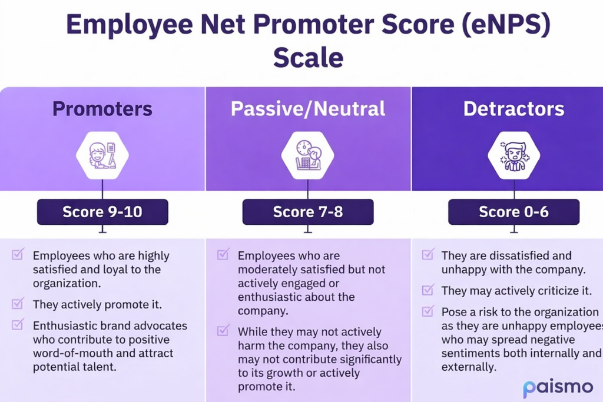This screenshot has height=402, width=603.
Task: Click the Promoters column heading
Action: click(102, 109)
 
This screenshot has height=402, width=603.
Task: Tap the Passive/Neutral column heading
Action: click(308, 109)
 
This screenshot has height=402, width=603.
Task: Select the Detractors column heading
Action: click(513, 109)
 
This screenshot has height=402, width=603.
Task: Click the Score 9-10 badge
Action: click(102, 212)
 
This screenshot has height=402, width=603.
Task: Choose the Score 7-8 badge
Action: click(308, 212)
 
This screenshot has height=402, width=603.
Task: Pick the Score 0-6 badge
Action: click(513, 212)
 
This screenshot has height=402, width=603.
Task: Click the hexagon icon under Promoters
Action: click(102, 155)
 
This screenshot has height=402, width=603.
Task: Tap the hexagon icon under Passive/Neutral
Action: click(307, 155)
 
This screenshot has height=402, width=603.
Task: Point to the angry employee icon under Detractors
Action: click(513, 155)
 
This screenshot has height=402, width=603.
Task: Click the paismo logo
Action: click(558, 388)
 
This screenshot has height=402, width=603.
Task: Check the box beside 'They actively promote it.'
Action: click(18, 304)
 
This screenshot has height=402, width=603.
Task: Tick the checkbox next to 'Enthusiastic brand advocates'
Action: click(18, 324)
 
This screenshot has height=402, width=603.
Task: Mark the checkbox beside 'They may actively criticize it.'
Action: click(429, 290)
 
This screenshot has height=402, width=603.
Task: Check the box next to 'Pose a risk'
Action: click(429, 310)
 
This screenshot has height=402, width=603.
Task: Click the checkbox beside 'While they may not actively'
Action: click(223, 331)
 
